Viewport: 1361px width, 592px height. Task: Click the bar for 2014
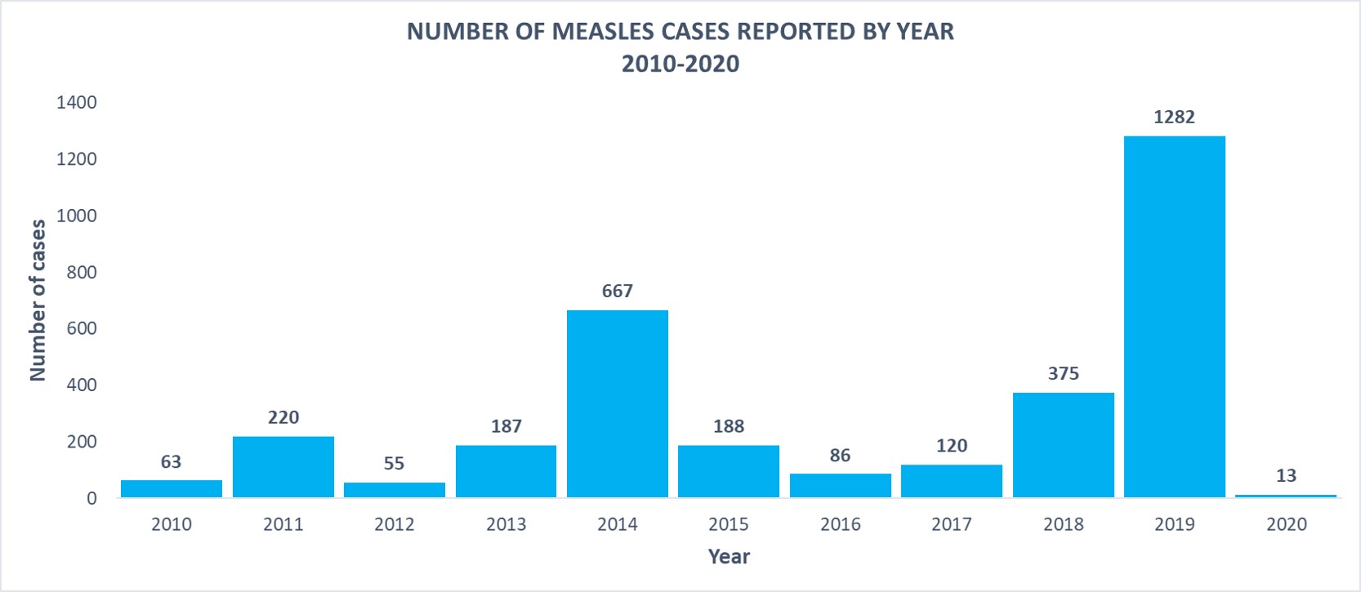point(617,403)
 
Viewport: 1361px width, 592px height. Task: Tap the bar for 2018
point(1063,444)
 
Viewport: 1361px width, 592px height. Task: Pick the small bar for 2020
point(1285,495)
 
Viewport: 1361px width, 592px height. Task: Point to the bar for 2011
point(283,466)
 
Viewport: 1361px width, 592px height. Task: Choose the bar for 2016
point(840,485)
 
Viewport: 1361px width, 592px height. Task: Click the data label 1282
point(1174,117)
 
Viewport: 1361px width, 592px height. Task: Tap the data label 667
point(617,291)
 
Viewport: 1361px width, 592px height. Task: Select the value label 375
point(1063,373)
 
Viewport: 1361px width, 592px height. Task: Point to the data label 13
point(1285,475)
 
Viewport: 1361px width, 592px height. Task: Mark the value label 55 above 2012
point(394,463)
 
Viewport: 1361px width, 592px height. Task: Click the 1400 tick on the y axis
point(76,102)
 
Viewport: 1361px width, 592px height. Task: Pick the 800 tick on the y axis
point(81,272)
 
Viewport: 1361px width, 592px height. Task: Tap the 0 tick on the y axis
point(91,498)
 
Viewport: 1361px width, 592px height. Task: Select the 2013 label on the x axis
point(506,524)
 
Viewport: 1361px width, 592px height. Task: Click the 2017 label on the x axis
point(951,524)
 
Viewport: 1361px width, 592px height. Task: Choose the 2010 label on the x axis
point(172,524)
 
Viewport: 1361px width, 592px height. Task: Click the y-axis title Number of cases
point(38,300)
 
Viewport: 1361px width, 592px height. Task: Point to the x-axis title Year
point(729,557)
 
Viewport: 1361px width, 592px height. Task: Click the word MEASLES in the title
point(600,31)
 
